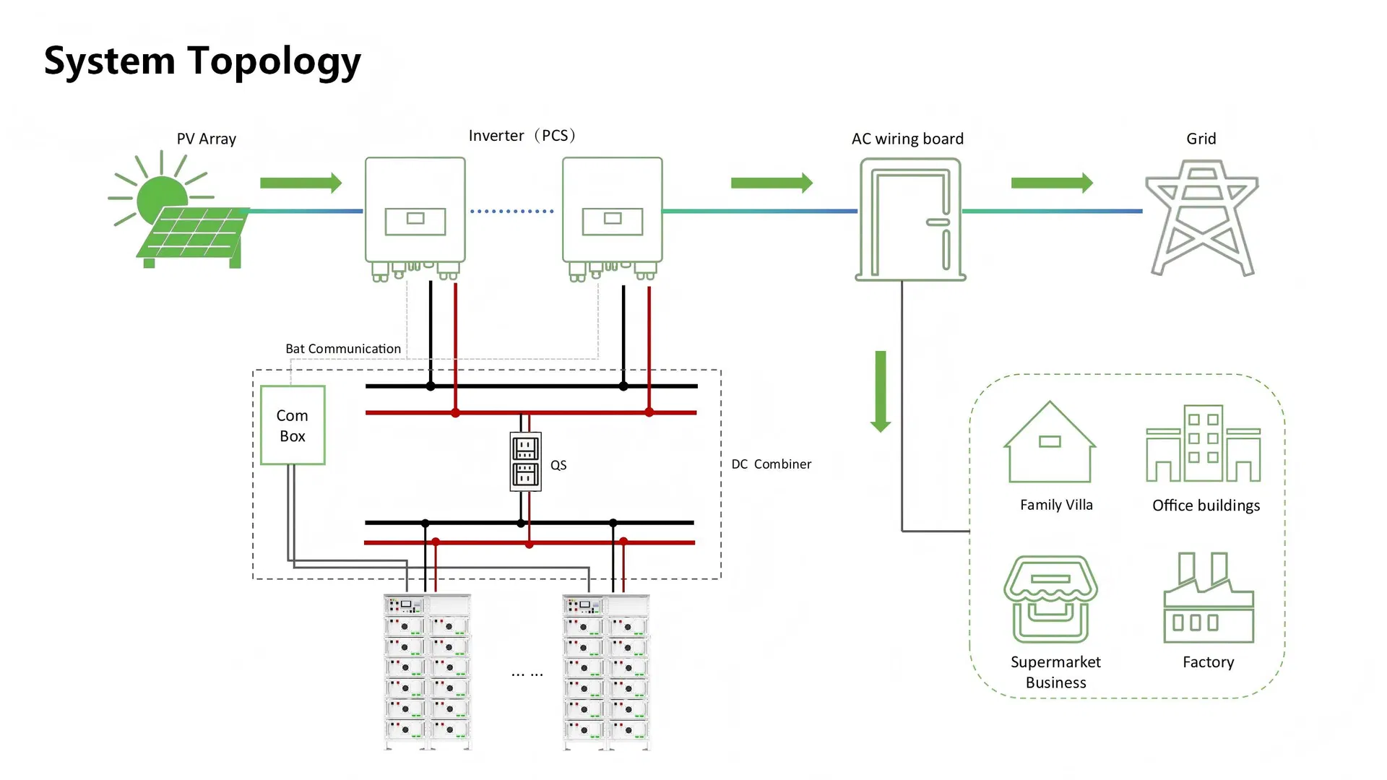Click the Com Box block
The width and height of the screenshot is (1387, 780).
point(293,425)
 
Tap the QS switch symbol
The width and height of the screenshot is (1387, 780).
point(525,461)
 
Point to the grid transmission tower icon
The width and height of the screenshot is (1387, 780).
point(1201,217)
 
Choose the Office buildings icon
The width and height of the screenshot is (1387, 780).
point(1203,443)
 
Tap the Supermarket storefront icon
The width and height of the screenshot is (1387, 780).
point(1050,599)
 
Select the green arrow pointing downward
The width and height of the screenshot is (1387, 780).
point(881,391)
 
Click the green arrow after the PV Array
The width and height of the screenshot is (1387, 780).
point(301,183)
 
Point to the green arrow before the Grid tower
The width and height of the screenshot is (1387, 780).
point(1052,183)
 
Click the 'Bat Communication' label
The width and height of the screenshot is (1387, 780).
point(343,349)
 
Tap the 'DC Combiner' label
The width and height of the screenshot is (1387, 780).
point(771,464)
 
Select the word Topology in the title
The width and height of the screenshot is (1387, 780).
point(275,62)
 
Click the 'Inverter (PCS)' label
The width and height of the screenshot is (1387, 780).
point(522,136)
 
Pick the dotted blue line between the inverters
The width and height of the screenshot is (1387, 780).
point(512,212)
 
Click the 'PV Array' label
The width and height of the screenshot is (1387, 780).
point(207,139)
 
